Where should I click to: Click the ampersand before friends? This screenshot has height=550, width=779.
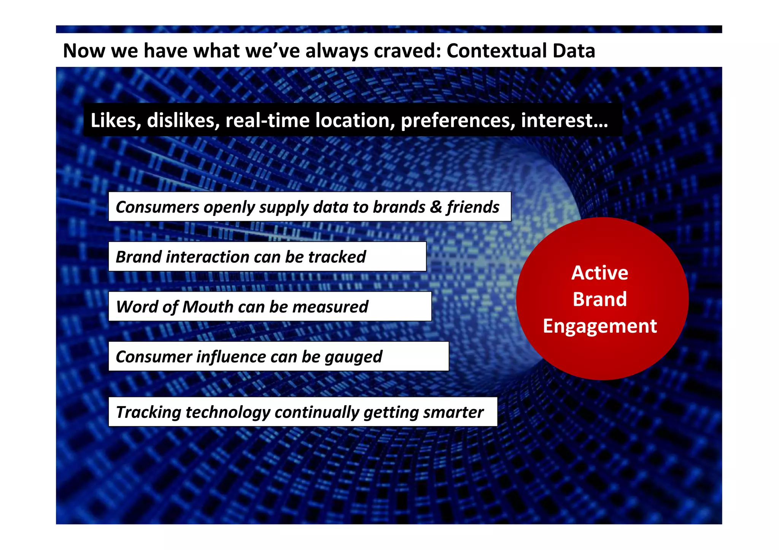pyautogui.click(x=436, y=207)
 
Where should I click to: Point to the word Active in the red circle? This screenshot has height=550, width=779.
pyautogui.click(x=599, y=273)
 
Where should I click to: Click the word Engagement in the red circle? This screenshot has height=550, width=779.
pyautogui.click(x=599, y=326)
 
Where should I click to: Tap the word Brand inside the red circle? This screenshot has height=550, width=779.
pyautogui.click(x=599, y=299)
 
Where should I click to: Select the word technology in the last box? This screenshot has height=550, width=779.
pyautogui.click(x=228, y=412)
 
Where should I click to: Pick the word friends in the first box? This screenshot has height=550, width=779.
pyautogui.click(x=473, y=207)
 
